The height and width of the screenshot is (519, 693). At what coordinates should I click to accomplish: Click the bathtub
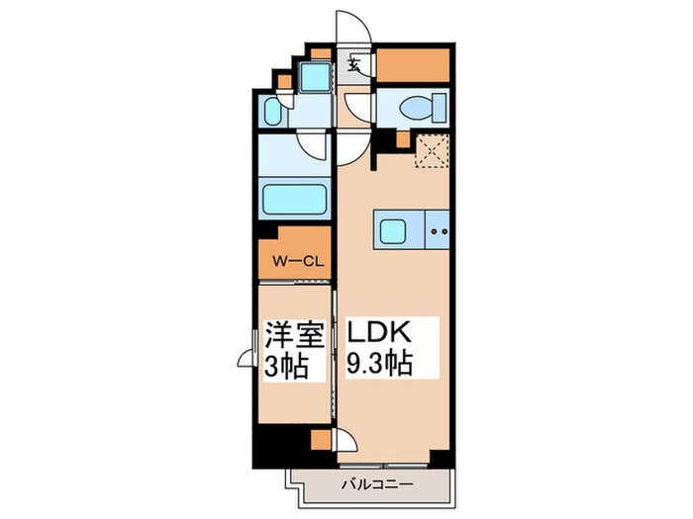pyautogui.click(x=294, y=201)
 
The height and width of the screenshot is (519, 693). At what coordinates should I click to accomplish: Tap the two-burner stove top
pyautogui.click(x=438, y=233)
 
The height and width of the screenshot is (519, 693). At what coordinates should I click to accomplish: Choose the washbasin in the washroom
pyautogui.click(x=274, y=112)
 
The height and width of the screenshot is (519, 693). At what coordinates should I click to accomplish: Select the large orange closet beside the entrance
pyautogui.click(x=414, y=64)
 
